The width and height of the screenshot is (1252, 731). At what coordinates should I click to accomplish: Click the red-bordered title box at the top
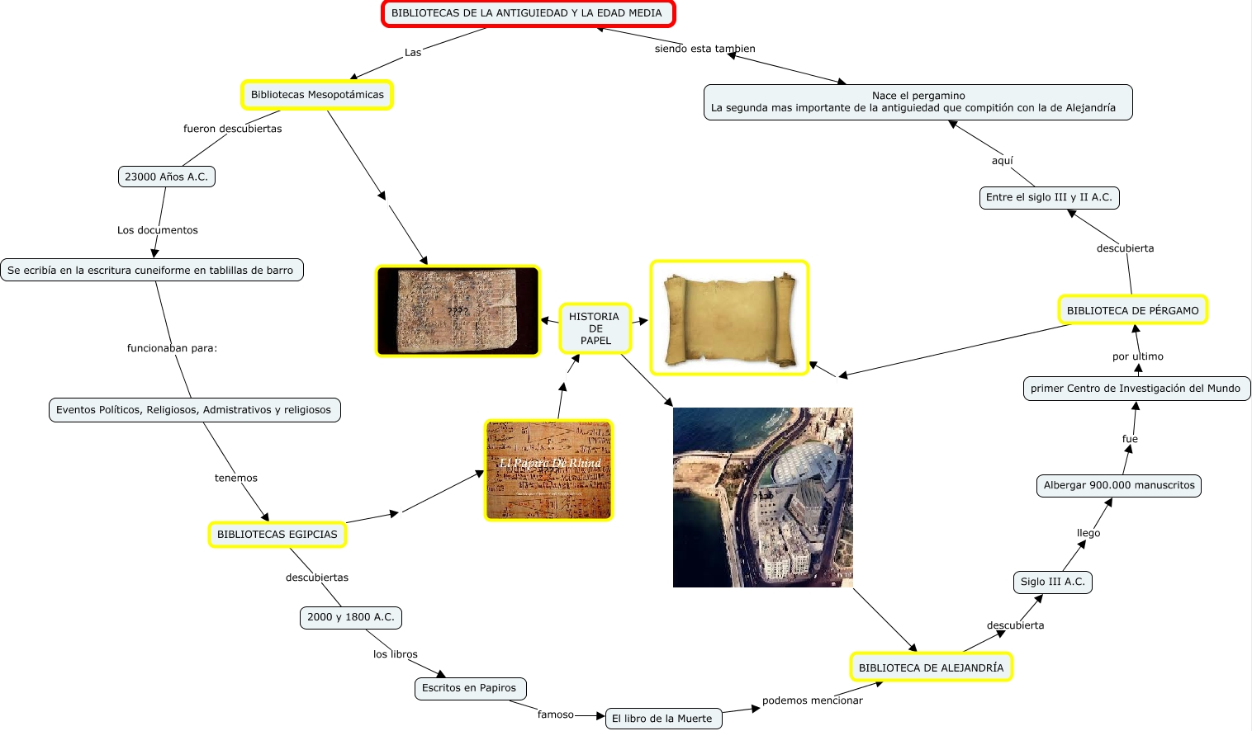528,13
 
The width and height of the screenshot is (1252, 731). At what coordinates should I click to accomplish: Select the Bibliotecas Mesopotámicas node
317,95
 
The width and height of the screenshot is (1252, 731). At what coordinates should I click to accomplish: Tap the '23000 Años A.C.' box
166,177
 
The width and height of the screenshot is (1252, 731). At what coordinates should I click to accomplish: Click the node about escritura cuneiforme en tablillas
151,270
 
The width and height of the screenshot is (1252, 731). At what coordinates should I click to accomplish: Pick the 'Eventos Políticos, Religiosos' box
194,410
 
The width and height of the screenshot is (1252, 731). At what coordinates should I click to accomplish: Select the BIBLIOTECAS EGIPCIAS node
277,535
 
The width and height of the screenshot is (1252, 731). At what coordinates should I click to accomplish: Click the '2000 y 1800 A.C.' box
350,617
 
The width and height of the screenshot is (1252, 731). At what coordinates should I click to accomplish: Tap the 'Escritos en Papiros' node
469,688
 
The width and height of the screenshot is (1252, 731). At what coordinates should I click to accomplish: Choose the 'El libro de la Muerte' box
662,719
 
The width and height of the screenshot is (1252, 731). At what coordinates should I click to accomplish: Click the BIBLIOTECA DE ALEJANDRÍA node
931,667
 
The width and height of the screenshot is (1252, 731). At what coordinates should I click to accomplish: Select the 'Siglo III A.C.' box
1052,582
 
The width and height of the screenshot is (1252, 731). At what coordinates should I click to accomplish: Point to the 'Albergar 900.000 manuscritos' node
1119,485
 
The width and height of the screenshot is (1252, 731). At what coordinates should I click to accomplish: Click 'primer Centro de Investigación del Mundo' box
1136,389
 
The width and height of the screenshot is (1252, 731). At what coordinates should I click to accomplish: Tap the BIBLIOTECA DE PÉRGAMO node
1132,310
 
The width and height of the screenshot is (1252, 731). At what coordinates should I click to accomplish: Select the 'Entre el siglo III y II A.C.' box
1049,197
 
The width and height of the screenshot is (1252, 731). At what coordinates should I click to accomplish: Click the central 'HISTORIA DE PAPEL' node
595,328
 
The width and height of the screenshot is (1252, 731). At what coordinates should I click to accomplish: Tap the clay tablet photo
458,311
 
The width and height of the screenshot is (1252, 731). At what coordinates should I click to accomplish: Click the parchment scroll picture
729,318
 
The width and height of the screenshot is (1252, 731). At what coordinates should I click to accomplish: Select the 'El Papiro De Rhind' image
548,470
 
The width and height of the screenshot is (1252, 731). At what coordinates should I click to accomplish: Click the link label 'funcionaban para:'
172,348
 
